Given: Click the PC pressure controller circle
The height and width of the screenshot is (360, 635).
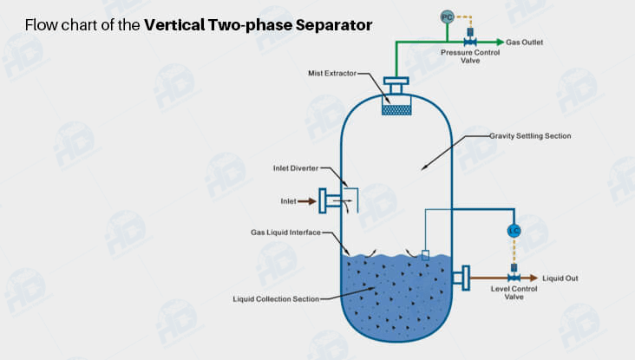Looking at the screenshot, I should [x=448, y=16].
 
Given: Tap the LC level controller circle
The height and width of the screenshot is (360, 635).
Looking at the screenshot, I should [x=514, y=232].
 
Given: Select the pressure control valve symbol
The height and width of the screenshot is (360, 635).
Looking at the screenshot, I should [x=470, y=41].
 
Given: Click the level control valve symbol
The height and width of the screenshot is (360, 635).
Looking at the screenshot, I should [x=514, y=277].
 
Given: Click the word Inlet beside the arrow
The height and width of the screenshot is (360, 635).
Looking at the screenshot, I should [x=288, y=201].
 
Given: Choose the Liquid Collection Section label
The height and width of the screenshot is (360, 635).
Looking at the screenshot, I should [x=276, y=299].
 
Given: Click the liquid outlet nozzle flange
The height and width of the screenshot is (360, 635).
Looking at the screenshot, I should [x=463, y=278].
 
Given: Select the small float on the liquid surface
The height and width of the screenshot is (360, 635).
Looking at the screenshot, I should [x=425, y=254].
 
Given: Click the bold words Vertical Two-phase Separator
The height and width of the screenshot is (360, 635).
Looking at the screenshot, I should [x=259, y=24].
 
